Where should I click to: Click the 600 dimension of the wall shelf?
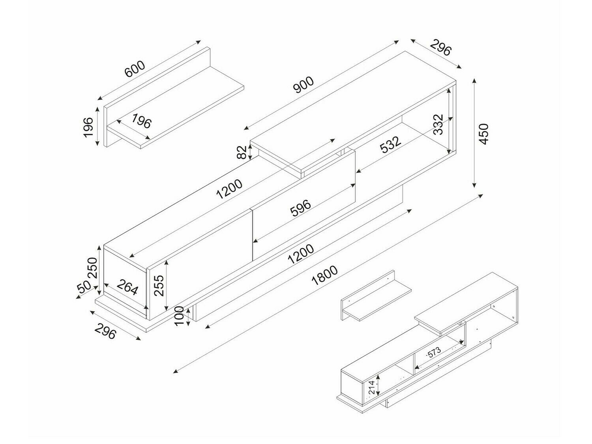[x=135, y=69]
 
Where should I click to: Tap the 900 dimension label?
[x=303, y=84]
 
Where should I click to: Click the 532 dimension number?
[x=390, y=144]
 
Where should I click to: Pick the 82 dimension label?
[x=242, y=152]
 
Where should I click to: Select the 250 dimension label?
[x=92, y=268]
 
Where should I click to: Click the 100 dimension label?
[x=179, y=316]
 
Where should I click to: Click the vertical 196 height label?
[x=88, y=127]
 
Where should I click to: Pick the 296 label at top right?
[x=440, y=47]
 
